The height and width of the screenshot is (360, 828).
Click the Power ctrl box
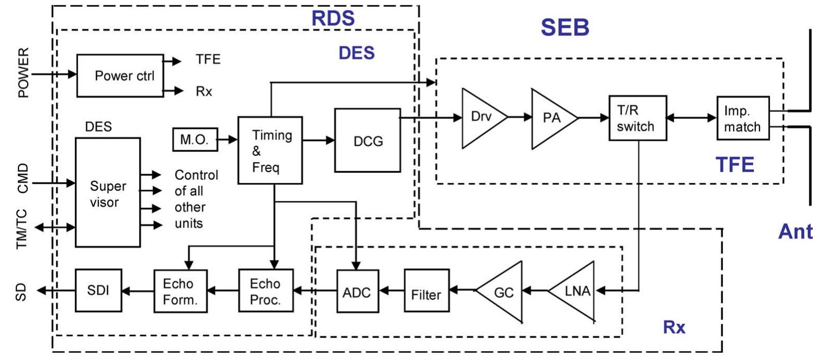pyautogui.click(x=120, y=76)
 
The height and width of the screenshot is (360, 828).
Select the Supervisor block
pyautogui.click(x=108, y=193)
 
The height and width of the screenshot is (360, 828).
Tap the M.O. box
pyautogui.click(x=195, y=140)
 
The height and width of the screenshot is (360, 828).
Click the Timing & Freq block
pyautogui.click(x=270, y=151)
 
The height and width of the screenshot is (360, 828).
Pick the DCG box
pyautogui.click(x=367, y=141)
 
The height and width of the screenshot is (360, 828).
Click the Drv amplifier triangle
pyautogui.click(x=480, y=118)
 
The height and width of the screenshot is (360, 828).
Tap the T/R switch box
pyautogui.click(x=638, y=118)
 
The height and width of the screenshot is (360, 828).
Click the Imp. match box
pyautogui.click(x=743, y=119)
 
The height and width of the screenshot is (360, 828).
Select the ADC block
pyautogui.click(x=357, y=291)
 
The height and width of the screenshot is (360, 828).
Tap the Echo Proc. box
pyautogui.click(x=266, y=291)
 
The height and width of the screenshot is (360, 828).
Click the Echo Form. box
pyautogui.click(x=180, y=291)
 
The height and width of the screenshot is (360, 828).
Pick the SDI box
pyautogui.click(x=98, y=290)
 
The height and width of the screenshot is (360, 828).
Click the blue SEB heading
pyautogui.click(x=565, y=27)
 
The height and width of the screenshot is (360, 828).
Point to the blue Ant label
pyautogui.click(x=795, y=231)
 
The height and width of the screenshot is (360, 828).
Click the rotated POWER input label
pyautogui.click(x=24, y=73)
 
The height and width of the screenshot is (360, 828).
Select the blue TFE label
pyautogui.click(x=734, y=165)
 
